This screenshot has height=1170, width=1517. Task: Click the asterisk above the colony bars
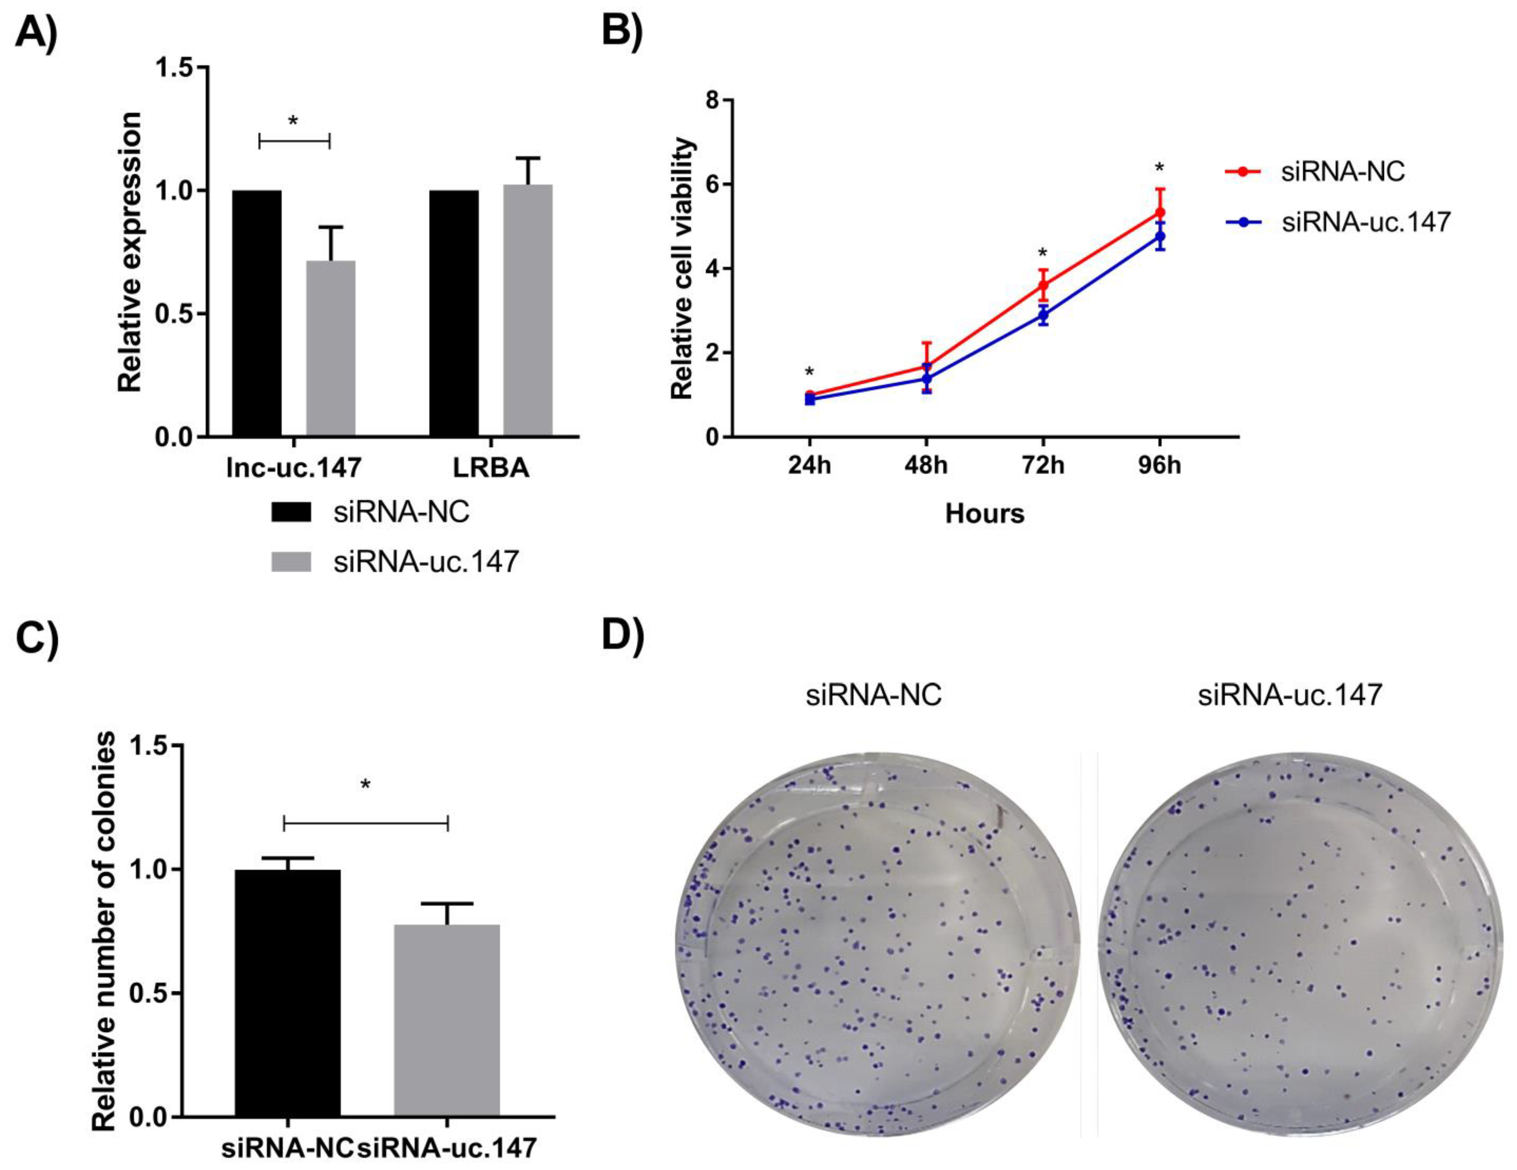pyautogui.click(x=365, y=785)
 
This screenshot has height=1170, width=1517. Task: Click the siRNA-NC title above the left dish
pyautogui.click(x=873, y=695)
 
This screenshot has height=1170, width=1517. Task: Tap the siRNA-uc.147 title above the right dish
pyautogui.click(x=1290, y=695)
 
